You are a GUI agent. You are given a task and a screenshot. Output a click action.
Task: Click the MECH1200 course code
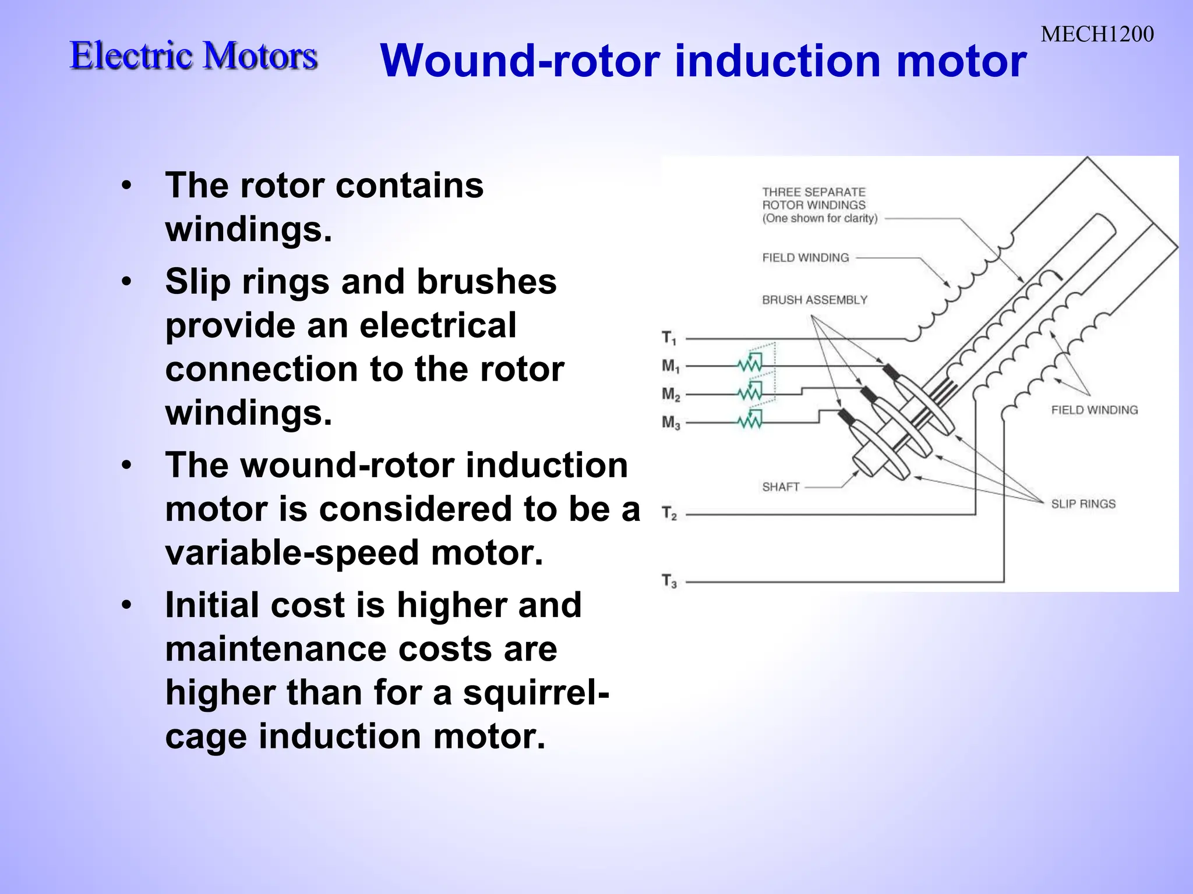(1097, 34)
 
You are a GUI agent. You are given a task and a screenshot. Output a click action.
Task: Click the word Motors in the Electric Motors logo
(260, 56)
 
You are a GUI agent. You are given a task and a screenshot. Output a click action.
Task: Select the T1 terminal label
(669, 338)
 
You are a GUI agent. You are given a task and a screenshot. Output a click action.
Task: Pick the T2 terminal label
(669, 513)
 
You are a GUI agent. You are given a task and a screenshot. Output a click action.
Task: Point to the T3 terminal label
(669, 581)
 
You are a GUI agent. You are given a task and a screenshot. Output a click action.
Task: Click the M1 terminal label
(670, 366)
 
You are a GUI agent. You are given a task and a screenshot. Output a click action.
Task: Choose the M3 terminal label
(670, 422)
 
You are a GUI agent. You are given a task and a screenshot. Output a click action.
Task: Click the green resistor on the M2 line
(750, 393)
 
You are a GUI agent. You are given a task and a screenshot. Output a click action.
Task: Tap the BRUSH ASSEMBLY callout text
(814, 300)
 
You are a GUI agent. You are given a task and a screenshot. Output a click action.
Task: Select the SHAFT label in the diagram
(781, 487)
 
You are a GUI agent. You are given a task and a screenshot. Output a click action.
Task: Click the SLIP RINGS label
(1083, 504)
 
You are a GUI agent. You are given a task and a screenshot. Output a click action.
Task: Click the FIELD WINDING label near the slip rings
(1094, 410)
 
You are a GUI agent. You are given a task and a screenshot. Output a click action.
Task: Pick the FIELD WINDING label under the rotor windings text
(806, 257)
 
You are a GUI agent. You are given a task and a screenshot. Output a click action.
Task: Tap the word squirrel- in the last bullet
(536, 692)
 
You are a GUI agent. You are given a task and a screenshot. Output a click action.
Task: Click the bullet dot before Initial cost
(126, 605)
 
